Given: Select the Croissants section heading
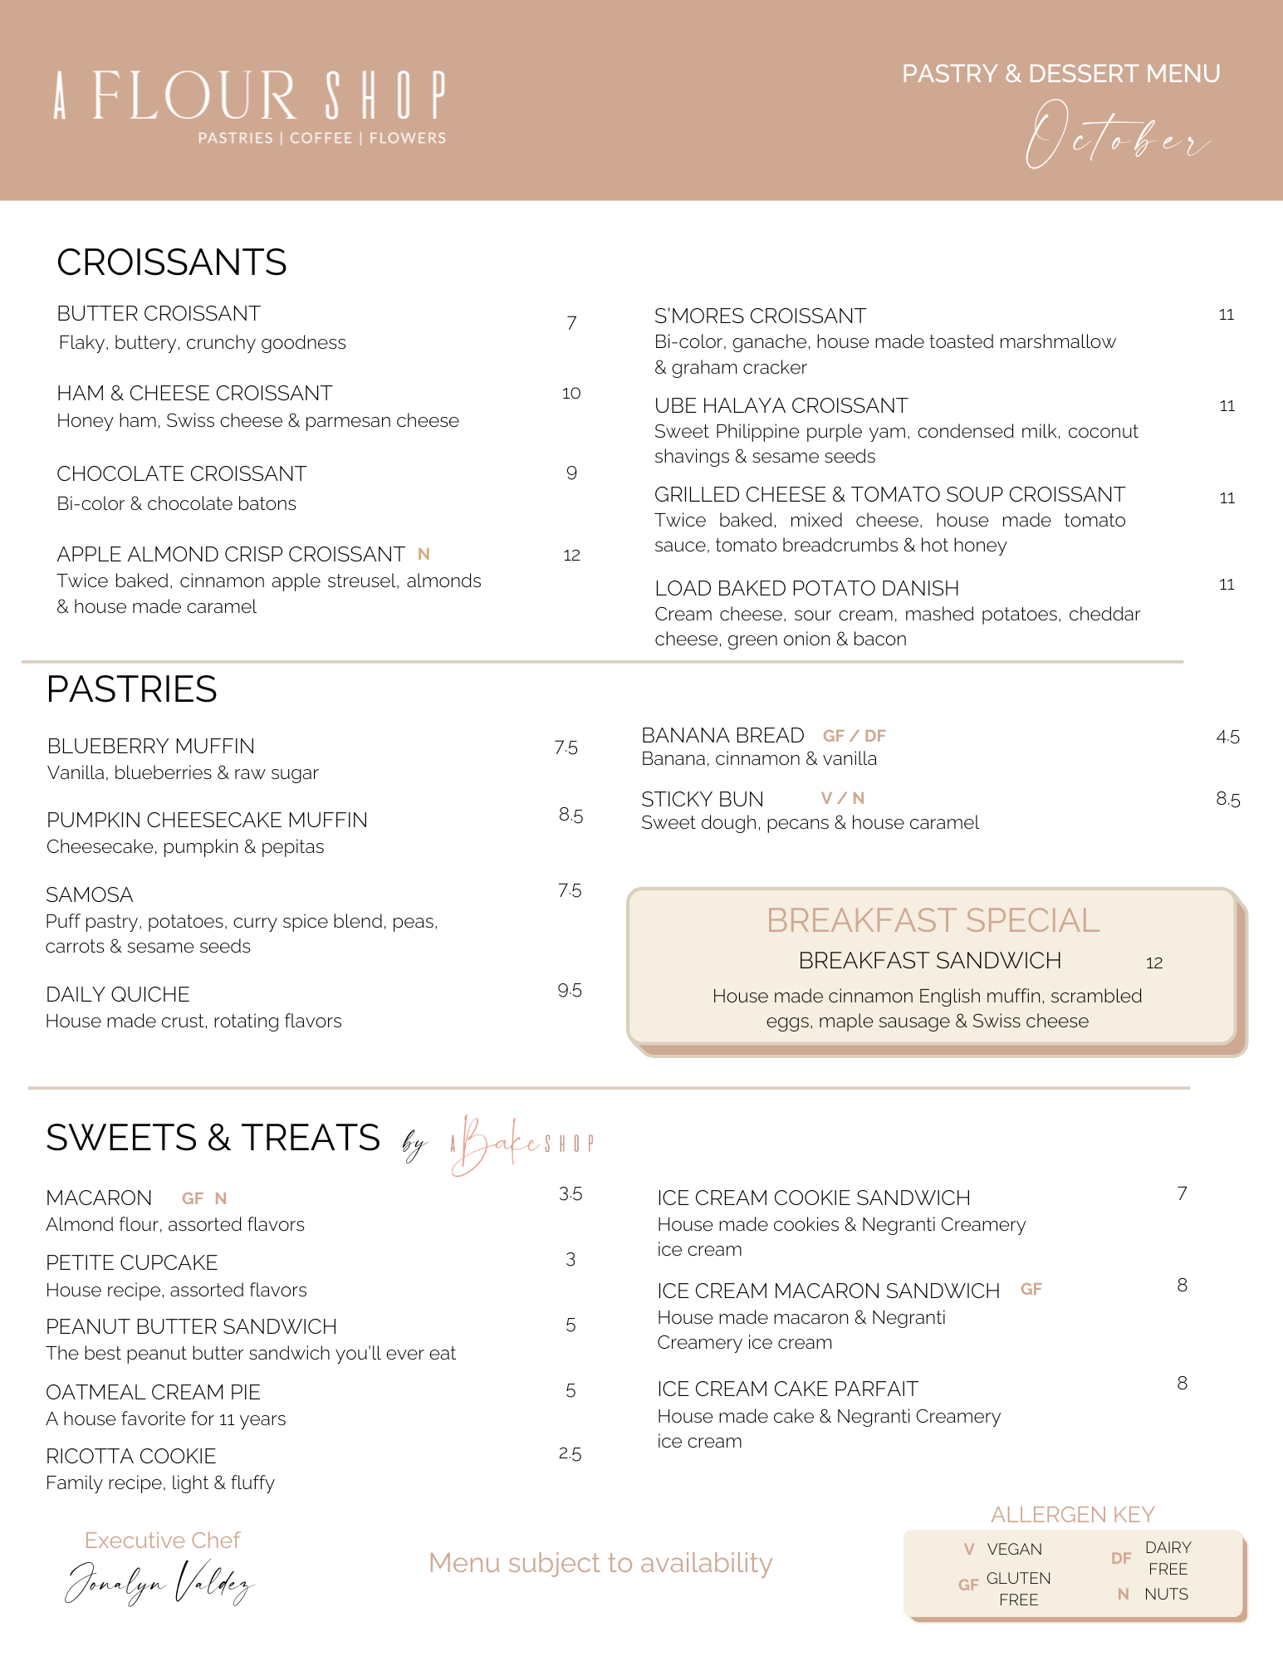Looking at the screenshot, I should [171, 262].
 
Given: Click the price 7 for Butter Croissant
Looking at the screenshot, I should [571, 323].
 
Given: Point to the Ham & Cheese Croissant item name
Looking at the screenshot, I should [194, 393].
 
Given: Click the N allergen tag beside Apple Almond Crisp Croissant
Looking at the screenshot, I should [424, 554].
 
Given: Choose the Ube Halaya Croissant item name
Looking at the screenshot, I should [781, 405].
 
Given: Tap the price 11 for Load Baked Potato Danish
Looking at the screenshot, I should [1227, 585].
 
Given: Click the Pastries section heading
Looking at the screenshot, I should [131, 689].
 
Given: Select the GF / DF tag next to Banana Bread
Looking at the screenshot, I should [854, 736].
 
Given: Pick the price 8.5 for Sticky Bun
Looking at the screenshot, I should [1227, 799].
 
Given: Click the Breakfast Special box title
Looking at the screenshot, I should [932, 920].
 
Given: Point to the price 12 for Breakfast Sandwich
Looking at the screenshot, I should [1153, 963].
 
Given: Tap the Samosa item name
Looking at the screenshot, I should [89, 894].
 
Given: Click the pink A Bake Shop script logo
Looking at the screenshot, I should [521, 1144].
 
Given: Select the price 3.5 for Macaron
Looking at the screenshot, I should [570, 1194].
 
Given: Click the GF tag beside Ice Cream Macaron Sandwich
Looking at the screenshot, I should [1031, 1289].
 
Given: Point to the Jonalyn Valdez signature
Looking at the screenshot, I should [159, 1582].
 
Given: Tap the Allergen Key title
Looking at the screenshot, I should [1072, 1514].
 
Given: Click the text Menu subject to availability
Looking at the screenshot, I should [600, 1563].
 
